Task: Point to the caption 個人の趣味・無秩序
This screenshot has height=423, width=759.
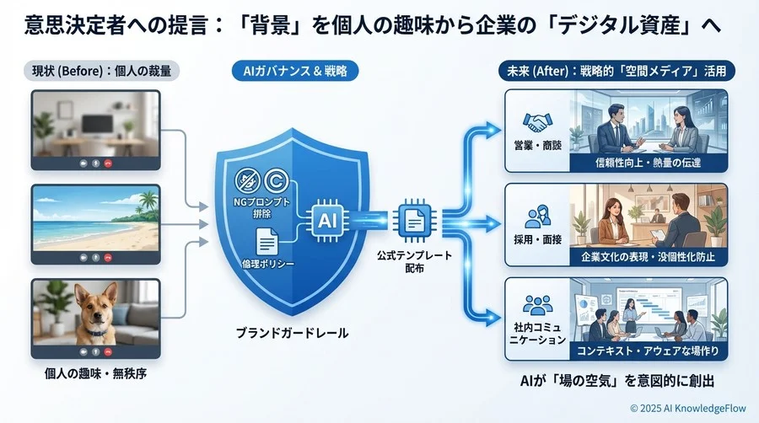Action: coord(94,373)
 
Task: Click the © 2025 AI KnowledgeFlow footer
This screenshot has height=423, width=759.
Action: coord(687,407)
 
